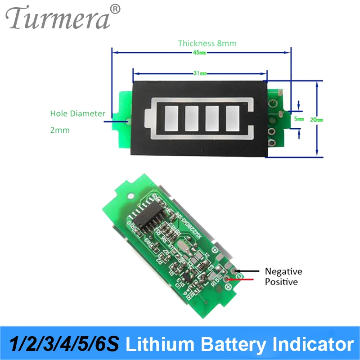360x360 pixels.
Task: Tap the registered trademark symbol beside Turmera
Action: point(115,9)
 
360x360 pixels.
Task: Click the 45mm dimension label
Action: point(200,53)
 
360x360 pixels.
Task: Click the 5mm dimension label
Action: point(300,119)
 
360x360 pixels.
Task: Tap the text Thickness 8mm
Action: point(207,43)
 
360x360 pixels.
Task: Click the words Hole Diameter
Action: point(77,113)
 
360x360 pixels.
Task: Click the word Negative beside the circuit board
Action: point(283,271)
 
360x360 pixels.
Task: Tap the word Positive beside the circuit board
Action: point(281,282)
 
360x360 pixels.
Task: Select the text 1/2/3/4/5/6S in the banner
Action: point(63,345)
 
